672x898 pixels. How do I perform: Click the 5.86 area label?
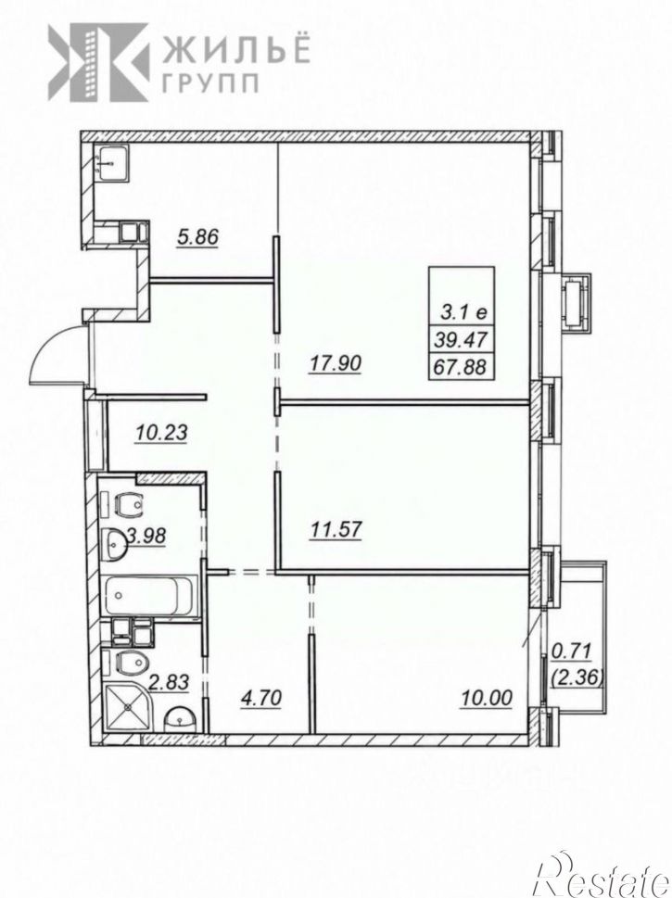tap(197, 236)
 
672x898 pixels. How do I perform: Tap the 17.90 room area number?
tap(336, 363)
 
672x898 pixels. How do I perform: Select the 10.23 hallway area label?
tap(161, 433)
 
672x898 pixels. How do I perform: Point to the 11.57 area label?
tap(336, 529)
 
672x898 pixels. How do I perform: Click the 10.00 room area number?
tap(487, 698)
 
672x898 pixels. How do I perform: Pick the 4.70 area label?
tap(260, 698)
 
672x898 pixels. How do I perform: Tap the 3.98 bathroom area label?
tap(146, 536)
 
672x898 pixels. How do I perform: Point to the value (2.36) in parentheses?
tap(577, 678)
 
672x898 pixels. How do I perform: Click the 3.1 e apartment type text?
tap(463, 312)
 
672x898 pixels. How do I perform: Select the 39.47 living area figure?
tap(461, 340)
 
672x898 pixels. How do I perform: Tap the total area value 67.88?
tap(461, 367)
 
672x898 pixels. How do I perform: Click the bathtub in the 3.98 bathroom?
tap(150, 596)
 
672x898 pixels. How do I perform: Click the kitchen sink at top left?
tap(112, 163)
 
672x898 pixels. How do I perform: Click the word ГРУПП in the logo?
tap(209, 84)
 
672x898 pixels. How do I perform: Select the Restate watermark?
tap(602, 874)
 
